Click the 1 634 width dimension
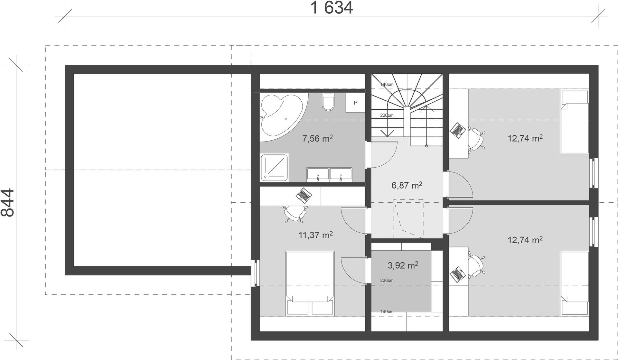click(x=332, y=8)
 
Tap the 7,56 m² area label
click(x=317, y=138)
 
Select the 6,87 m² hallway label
click(x=407, y=185)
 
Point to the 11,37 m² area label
click(x=315, y=235)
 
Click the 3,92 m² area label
click(x=403, y=265)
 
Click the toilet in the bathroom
click(x=328, y=102)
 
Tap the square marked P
click(x=355, y=103)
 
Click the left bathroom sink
click(x=318, y=175)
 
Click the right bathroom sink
click(x=341, y=175)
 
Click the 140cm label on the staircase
click(x=387, y=85)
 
